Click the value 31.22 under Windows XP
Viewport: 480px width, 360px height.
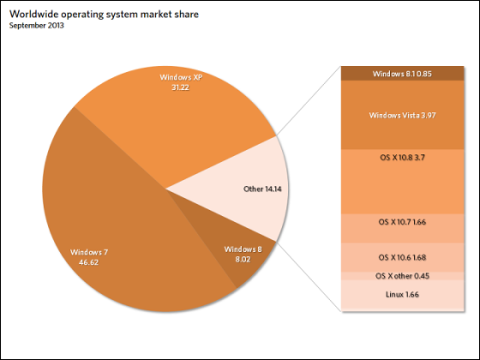(180, 87)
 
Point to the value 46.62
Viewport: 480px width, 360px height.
(89, 262)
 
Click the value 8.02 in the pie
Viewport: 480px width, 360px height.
(243, 259)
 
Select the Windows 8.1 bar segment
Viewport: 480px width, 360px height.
(403, 74)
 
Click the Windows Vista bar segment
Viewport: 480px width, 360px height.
(403, 115)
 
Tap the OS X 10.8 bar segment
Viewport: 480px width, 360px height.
(403, 182)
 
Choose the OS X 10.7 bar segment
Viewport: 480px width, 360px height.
(403, 228)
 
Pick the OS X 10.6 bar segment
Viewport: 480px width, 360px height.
(403, 257)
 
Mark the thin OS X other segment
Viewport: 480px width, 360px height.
(403, 276)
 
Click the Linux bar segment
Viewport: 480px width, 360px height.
(403, 296)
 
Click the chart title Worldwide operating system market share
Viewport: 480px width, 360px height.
(104, 15)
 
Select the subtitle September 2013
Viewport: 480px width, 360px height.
(36, 26)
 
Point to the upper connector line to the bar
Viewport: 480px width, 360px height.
(309, 101)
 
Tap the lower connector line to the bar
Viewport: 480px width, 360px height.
(309, 276)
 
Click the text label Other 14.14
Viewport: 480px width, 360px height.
(262, 189)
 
